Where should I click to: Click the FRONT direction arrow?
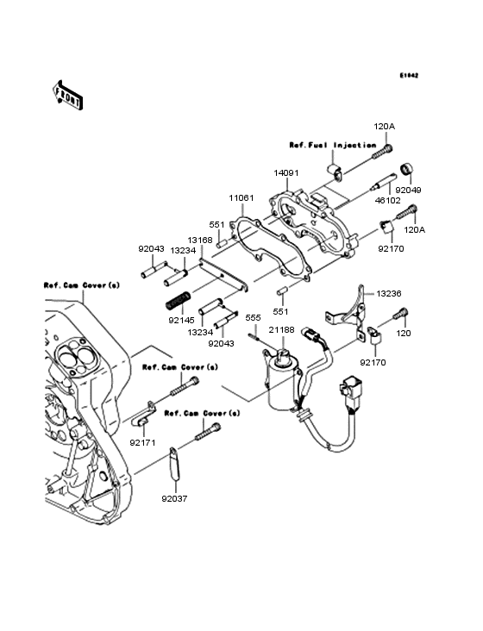click(67, 95)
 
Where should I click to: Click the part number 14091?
click(286, 173)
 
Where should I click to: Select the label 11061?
click(241, 198)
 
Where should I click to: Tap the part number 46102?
click(387, 200)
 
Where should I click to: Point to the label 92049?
click(408, 190)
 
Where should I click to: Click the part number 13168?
click(200, 241)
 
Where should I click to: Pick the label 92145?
click(181, 321)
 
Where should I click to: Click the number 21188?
click(282, 329)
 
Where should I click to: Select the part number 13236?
click(389, 293)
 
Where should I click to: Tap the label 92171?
click(142, 443)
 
